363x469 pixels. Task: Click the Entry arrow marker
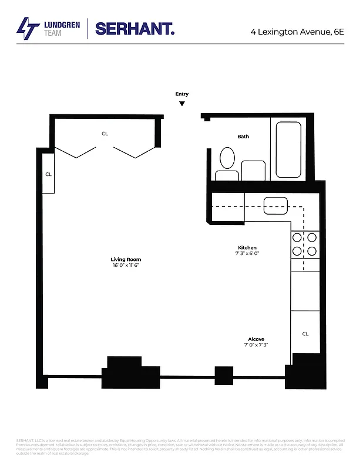(x=182, y=104)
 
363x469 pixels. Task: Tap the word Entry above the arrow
(x=182, y=94)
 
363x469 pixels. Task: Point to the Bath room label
(x=243, y=137)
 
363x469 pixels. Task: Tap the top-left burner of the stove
(x=297, y=238)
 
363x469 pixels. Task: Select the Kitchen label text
(x=247, y=247)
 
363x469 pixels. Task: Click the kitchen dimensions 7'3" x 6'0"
(x=247, y=254)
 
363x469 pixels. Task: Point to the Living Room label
(x=126, y=259)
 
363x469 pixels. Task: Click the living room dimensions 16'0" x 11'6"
(x=126, y=266)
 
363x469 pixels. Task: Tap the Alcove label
(x=256, y=339)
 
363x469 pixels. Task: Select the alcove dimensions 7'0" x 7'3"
(x=256, y=346)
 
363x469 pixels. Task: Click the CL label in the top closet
(x=105, y=134)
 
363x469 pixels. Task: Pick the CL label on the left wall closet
(x=49, y=174)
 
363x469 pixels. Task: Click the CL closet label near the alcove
(x=305, y=334)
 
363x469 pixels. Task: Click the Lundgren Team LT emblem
(x=26, y=28)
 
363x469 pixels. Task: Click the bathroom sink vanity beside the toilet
(x=253, y=171)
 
